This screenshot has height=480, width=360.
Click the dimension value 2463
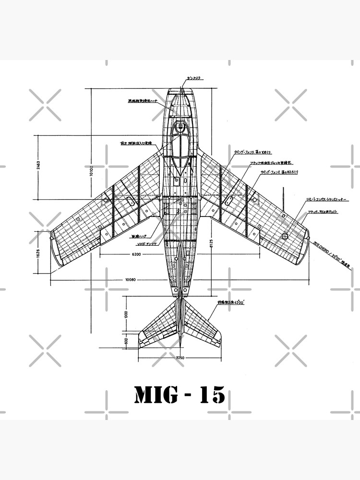(x=39, y=166)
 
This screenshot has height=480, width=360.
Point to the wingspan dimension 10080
(x=131, y=280)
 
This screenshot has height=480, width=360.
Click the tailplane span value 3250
(x=180, y=358)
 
